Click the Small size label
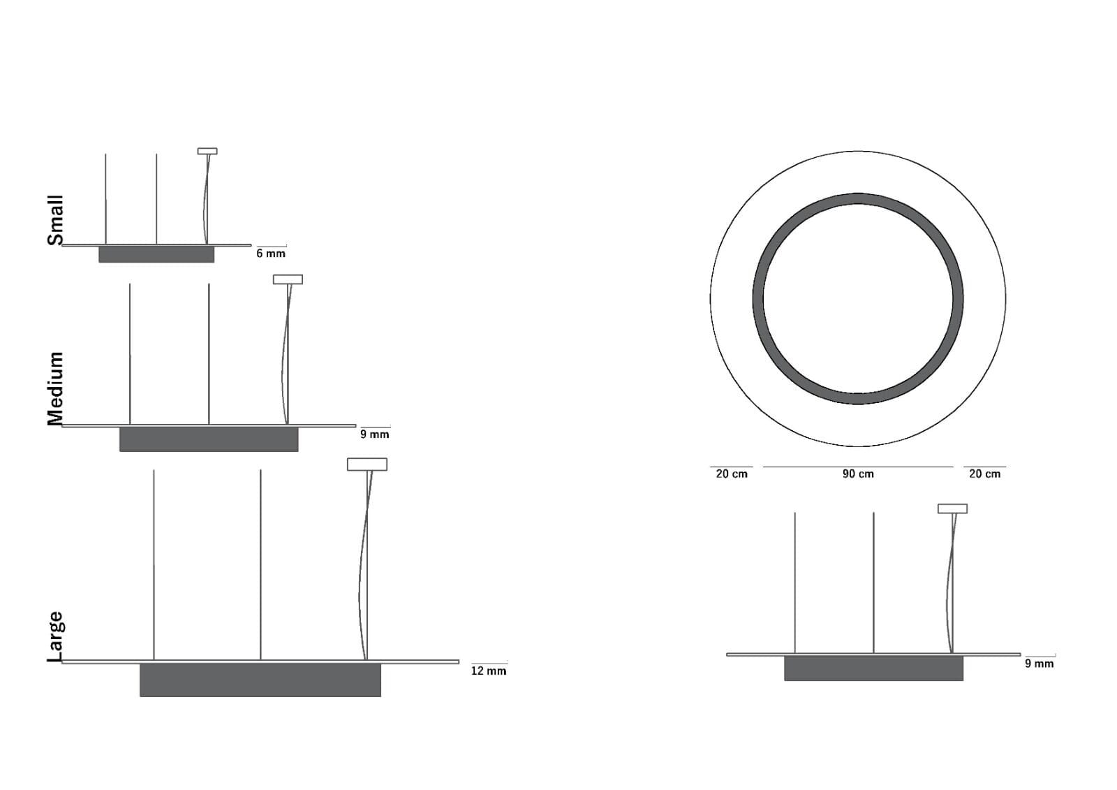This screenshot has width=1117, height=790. (55, 220)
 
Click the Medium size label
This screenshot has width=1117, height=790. (55, 389)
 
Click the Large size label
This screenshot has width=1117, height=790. (55, 637)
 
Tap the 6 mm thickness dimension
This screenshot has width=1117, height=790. (271, 254)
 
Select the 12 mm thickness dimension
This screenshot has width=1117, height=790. (489, 671)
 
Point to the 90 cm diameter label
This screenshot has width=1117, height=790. (858, 474)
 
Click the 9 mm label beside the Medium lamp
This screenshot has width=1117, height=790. (374, 434)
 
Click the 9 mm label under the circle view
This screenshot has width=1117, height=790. (1040, 664)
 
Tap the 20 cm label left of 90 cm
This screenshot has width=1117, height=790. (732, 474)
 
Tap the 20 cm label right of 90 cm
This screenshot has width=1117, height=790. (985, 474)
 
